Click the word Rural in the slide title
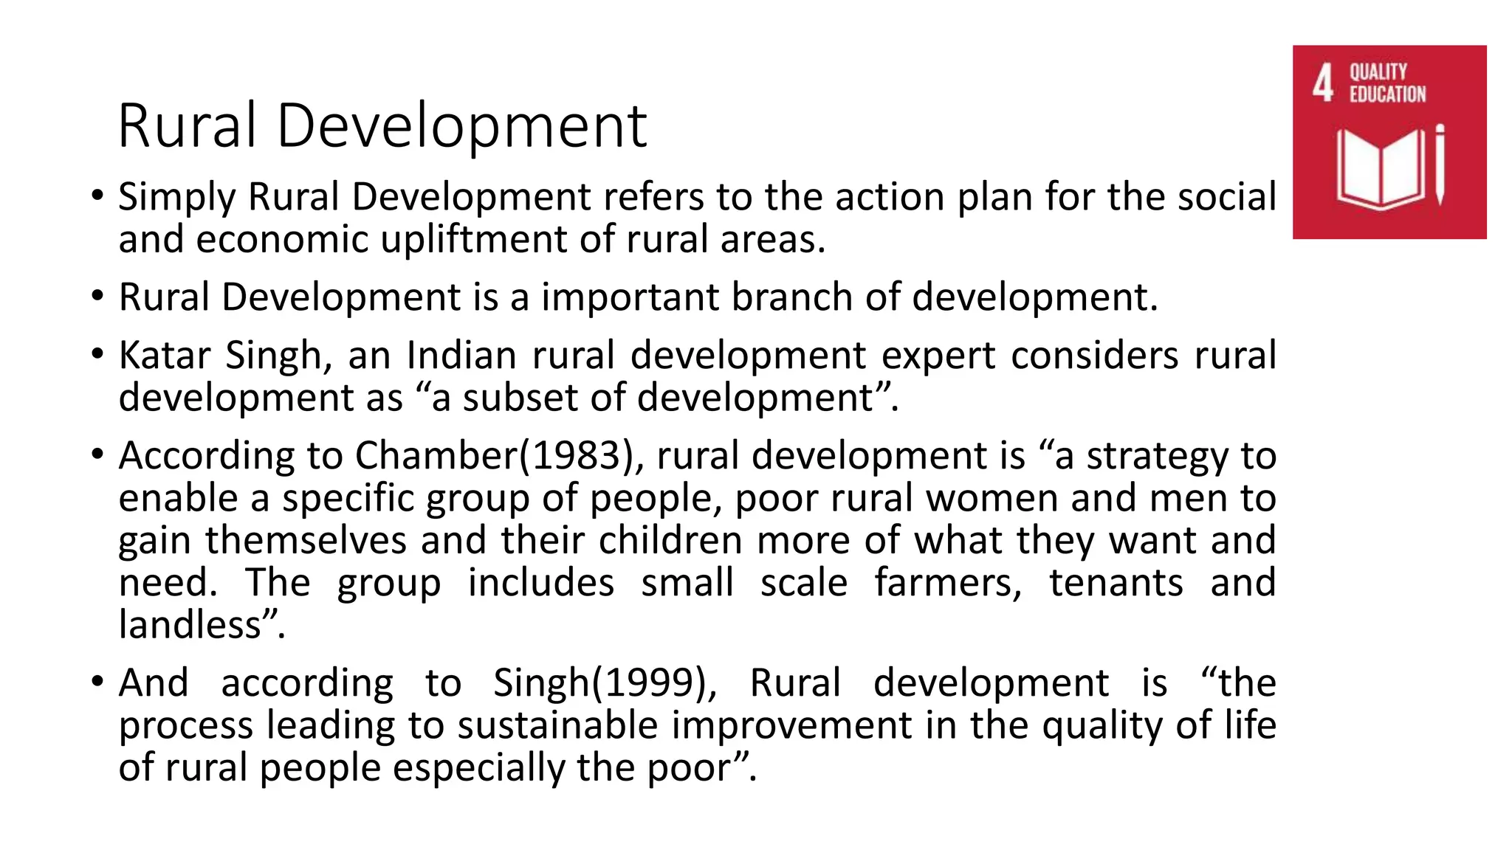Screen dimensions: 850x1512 point(188,126)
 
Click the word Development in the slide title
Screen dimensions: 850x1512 point(461,126)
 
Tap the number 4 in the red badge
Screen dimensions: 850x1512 point(1323,83)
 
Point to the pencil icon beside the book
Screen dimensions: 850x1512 point(1440,165)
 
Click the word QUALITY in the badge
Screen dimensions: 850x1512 point(1378,72)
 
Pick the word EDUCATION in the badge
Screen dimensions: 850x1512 point(1388,94)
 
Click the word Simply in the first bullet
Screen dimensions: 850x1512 point(176,198)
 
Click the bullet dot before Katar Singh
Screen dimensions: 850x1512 point(97,355)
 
